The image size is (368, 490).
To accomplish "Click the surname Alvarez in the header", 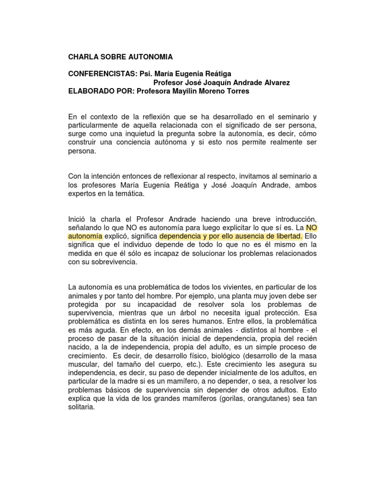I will [271, 83].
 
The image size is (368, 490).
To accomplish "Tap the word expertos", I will [84, 194].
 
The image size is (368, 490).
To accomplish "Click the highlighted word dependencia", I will [180, 236].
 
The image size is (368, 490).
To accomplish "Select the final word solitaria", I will [82, 408].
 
